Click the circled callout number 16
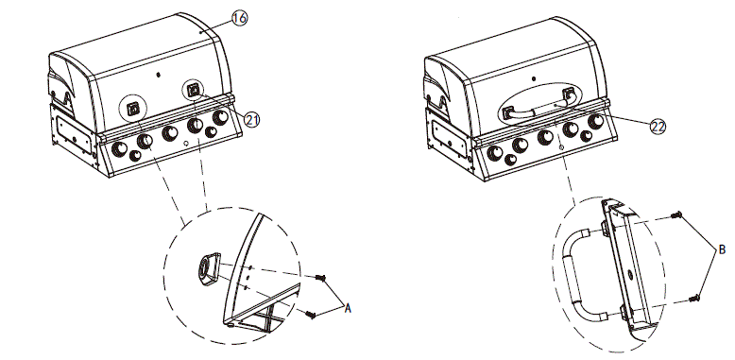point(241,18)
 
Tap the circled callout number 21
point(251,118)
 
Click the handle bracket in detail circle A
point(207,269)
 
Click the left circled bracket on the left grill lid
point(133,108)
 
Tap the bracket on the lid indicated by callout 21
point(195,91)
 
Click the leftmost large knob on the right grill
point(493,149)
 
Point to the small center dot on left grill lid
point(159,73)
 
